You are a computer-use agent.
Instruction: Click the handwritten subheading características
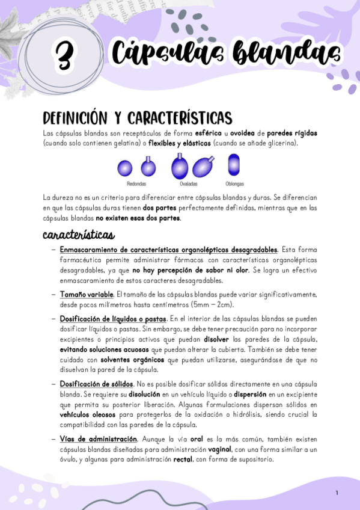[78, 233]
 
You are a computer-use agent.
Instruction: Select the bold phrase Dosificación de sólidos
[96, 384]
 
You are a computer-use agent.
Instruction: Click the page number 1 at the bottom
[337, 493]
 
